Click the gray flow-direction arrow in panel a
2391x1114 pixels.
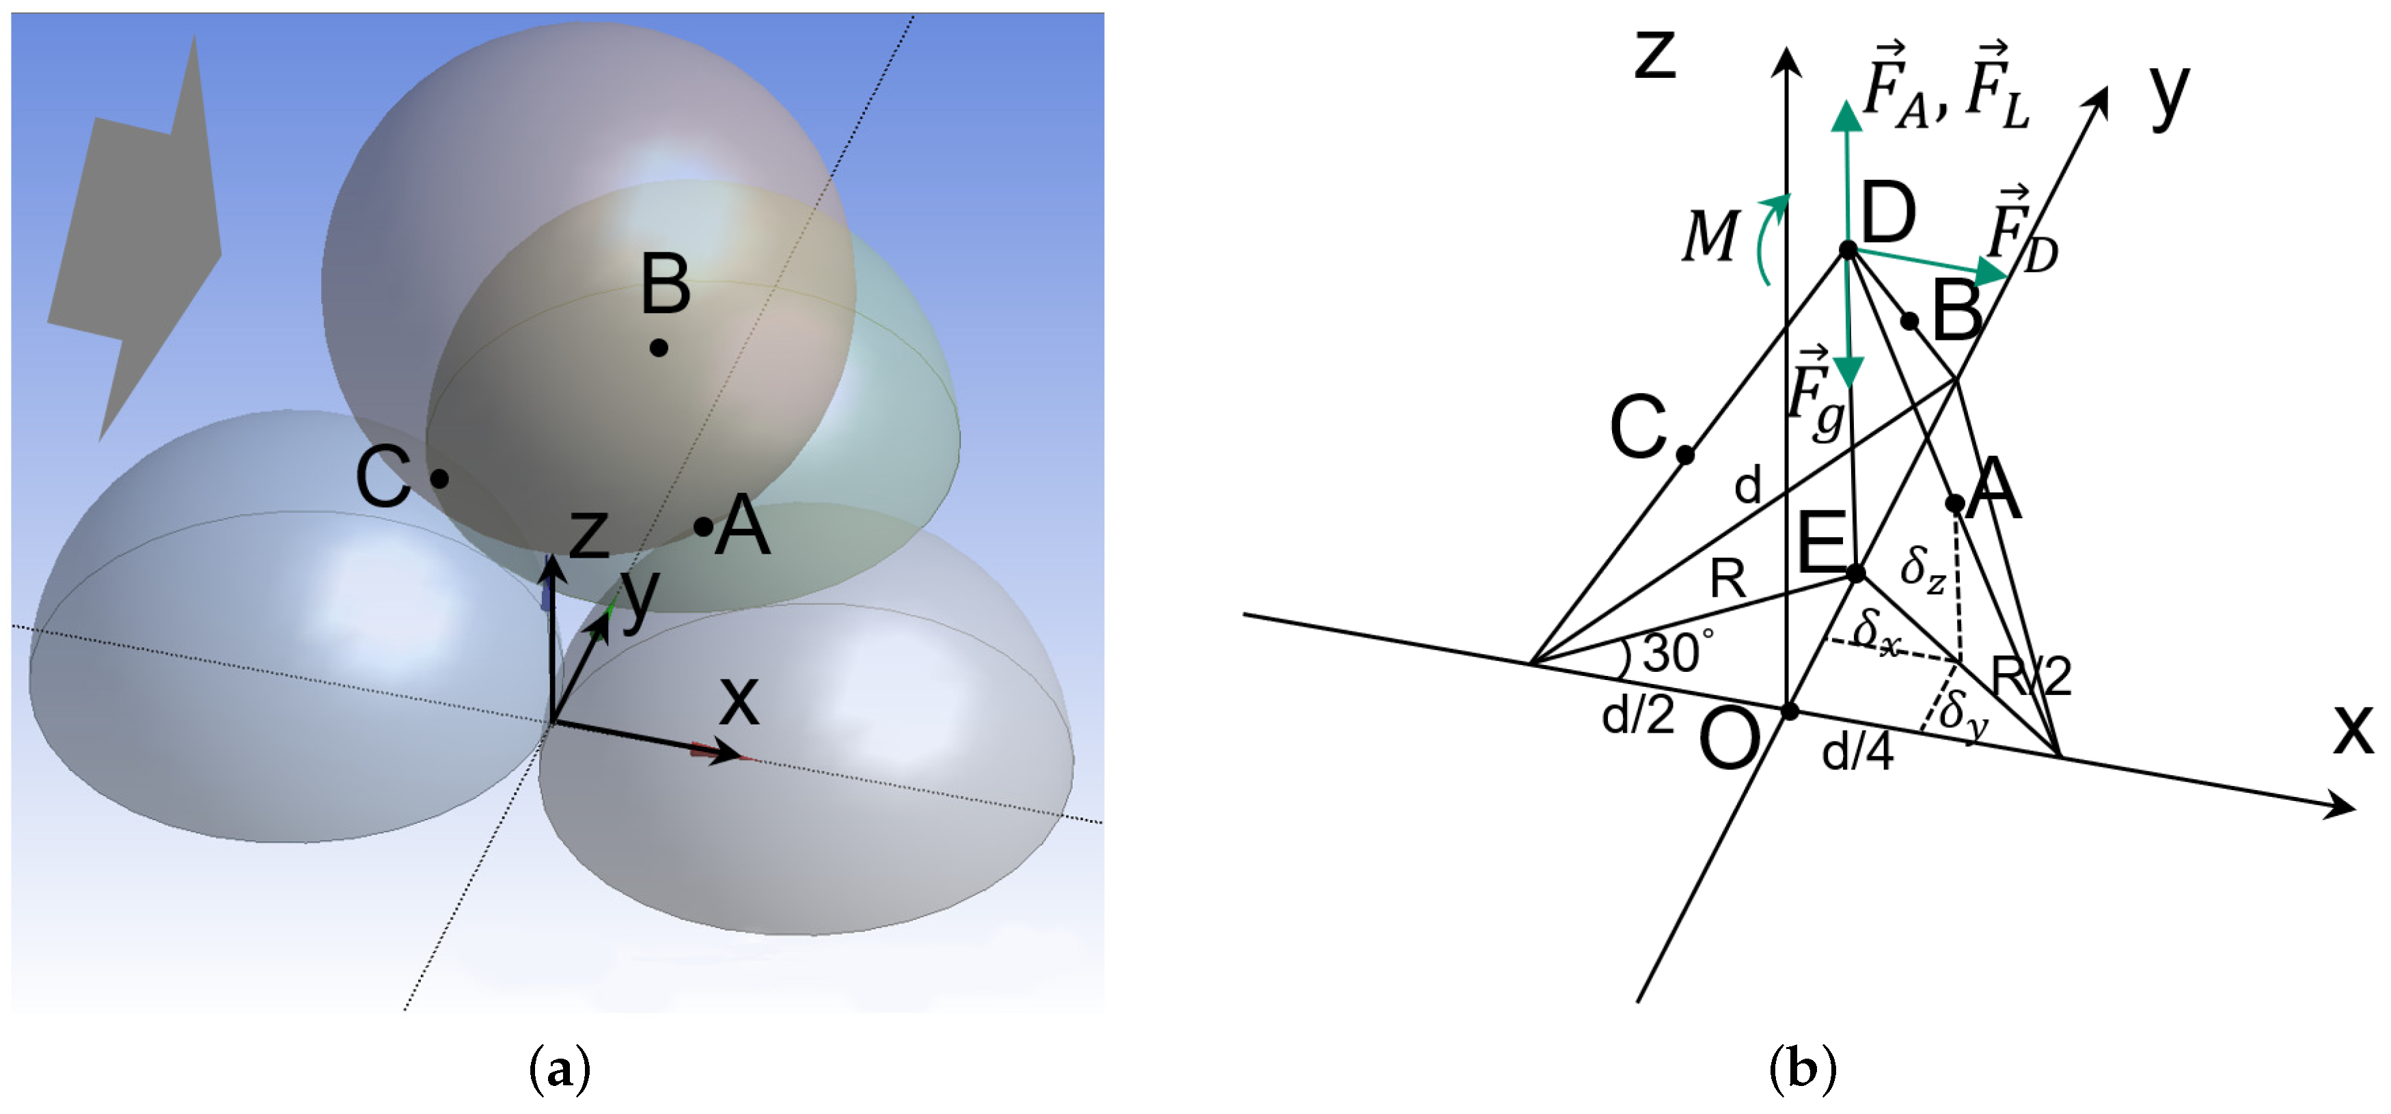[x=139, y=232]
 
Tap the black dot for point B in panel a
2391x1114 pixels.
[x=659, y=348]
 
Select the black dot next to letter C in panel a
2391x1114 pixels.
[x=440, y=479]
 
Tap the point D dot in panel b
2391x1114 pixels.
[x=1848, y=249]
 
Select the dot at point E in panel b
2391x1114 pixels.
[x=1855, y=573]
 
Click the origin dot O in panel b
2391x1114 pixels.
[x=1790, y=711]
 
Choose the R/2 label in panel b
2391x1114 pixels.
[x=2032, y=676]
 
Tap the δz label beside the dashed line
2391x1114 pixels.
[x=1922, y=567]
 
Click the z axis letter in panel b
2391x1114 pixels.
[x=1655, y=56]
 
